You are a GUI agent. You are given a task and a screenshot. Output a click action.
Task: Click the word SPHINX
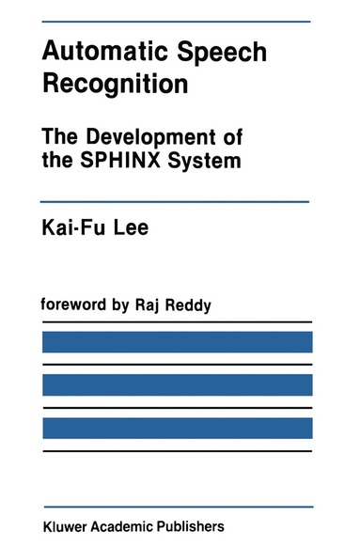coord(129,159)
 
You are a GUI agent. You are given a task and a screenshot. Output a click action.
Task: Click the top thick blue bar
coord(177,341)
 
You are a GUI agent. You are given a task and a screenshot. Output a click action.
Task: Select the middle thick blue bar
coord(177,384)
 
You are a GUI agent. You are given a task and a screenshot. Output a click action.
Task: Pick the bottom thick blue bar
coord(177,428)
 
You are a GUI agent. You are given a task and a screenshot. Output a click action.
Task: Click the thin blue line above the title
coord(177,21)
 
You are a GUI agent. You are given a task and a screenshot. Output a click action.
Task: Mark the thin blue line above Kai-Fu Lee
coord(177,201)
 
